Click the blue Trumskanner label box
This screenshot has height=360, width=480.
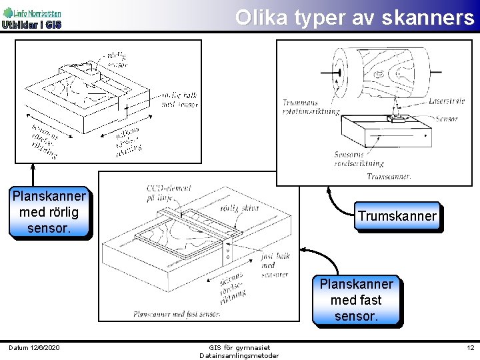click(397, 216)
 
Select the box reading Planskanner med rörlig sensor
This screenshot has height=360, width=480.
click(49, 212)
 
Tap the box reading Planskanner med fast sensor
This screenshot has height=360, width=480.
click(357, 300)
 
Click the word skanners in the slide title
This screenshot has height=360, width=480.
click(428, 18)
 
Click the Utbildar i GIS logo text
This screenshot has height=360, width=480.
click(31, 25)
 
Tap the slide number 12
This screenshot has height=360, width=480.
click(470, 347)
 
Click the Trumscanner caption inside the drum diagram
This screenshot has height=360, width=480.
click(389, 177)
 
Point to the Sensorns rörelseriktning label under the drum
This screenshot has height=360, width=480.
click(359, 159)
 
